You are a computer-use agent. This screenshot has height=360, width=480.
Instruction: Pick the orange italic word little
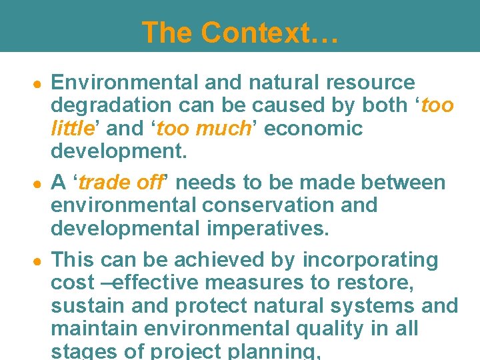[71, 127]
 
